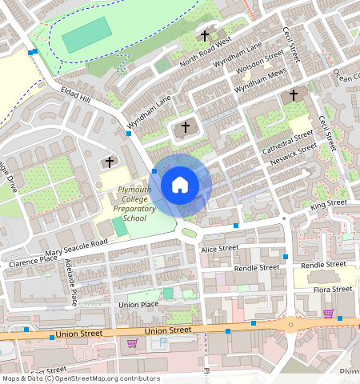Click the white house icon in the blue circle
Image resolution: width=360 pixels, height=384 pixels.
(180, 186)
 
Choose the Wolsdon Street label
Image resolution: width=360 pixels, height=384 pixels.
(261, 63)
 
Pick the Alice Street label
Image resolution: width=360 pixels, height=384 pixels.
(220, 249)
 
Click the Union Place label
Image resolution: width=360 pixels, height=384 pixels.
(138, 305)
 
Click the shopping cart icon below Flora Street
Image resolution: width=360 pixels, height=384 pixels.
(328, 313)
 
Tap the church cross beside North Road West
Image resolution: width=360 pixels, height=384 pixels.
(205, 35)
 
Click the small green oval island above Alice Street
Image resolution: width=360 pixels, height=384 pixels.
(190, 233)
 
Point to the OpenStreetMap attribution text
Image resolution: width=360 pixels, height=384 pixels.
(80, 378)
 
